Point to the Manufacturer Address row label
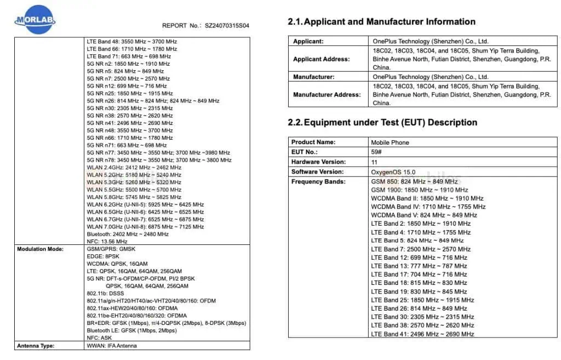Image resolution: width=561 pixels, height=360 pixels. tap(327, 94)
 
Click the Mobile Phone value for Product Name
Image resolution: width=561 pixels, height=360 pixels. tap(390, 142)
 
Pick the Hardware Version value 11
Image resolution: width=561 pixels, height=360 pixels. tap(375, 162)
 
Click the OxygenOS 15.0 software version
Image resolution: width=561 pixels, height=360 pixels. tap(393, 172)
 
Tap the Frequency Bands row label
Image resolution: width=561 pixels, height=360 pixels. tap(318, 181)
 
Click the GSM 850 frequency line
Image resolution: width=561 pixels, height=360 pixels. tap(414, 181)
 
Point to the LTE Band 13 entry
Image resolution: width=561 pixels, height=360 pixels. tap(419, 266)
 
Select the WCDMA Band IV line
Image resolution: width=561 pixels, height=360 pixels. tap(428, 207)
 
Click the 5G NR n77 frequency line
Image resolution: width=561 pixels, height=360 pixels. tap(159, 153)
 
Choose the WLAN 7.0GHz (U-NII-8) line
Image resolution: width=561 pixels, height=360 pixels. tap(145, 227)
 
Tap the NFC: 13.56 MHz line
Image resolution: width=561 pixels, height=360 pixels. tap(107, 242)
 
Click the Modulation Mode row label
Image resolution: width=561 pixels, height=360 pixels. tap(41, 249)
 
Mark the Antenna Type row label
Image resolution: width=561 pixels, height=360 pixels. tap(37, 346)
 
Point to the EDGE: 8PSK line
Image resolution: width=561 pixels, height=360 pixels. tap(103, 256)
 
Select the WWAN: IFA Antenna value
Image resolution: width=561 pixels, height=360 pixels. tap(112, 346)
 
